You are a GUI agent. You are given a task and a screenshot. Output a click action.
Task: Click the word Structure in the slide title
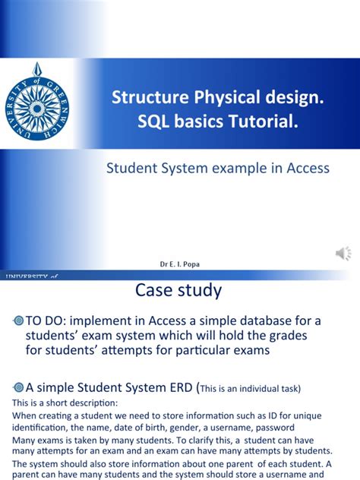pos(143,97)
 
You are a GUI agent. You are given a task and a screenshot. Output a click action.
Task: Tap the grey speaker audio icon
pos(342,253)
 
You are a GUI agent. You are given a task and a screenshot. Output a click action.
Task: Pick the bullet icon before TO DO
pos(19,321)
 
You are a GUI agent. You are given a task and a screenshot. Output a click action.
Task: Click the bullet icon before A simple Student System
pos(19,387)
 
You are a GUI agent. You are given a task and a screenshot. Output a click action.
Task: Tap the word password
pos(263,428)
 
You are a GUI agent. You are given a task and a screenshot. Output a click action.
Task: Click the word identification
pos(40,428)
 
